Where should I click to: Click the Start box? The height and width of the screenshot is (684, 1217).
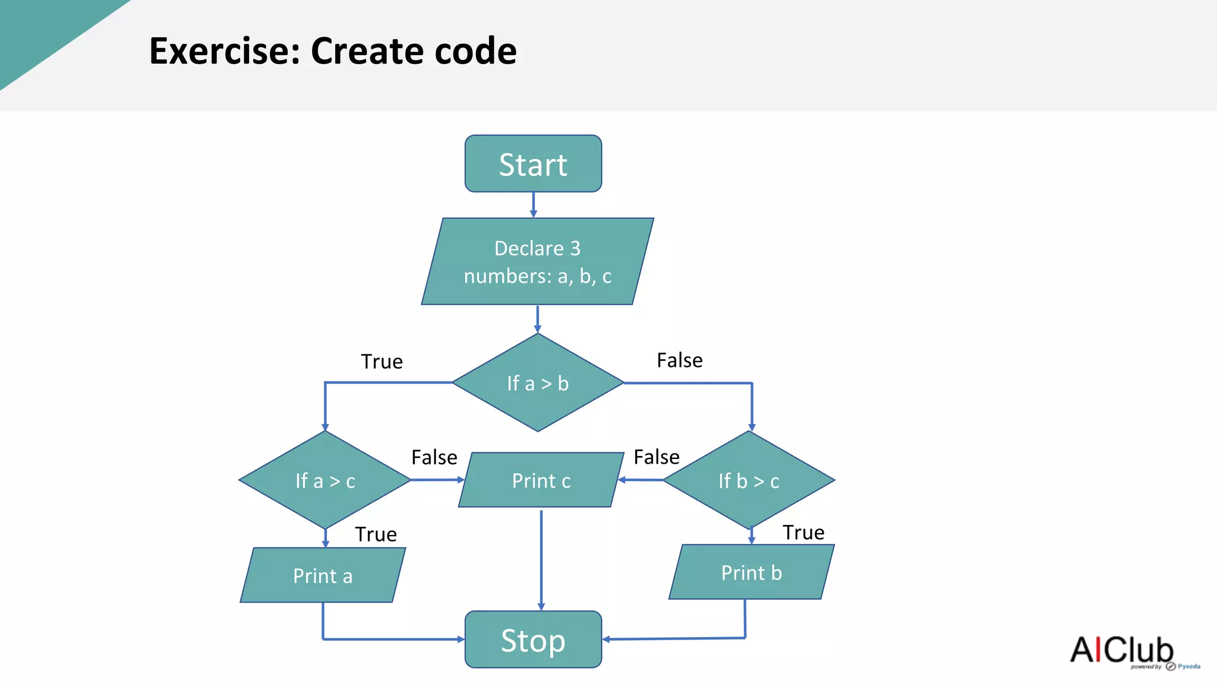[x=533, y=164]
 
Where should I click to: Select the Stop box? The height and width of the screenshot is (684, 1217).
[x=533, y=639]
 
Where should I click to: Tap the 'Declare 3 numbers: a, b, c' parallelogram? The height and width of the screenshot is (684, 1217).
[x=537, y=262]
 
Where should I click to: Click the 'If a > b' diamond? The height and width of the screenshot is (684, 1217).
[x=538, y=383]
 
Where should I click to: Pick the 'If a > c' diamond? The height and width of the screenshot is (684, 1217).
[x=325, y=480]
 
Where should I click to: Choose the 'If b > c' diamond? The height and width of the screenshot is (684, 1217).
[x=749, y=480]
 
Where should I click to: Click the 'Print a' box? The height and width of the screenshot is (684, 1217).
[x=323, y=575]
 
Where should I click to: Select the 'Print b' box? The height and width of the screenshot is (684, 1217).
[x=751, y=572]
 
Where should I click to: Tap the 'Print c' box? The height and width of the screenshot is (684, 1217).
[x=541, y=480]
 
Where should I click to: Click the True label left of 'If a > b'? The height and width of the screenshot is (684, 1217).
[x=382, y=362]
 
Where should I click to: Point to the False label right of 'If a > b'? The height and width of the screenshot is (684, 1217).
[x=679, y=360]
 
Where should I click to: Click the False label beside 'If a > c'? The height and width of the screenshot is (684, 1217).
[x=434, y=458]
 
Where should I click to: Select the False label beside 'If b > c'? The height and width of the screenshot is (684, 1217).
[x=656, y=457]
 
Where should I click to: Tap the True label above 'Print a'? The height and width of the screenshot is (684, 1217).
[x=376, y=534]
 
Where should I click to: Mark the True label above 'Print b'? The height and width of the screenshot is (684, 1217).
[x=803, y=533]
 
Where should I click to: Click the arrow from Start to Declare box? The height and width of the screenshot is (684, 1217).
[x=533, y=205]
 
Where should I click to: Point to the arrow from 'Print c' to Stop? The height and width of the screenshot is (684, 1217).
[x=541, y=558]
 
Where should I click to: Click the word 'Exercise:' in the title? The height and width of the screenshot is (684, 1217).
[x=225, y=51]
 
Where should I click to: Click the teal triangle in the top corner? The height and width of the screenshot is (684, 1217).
[x=42, y=30]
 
